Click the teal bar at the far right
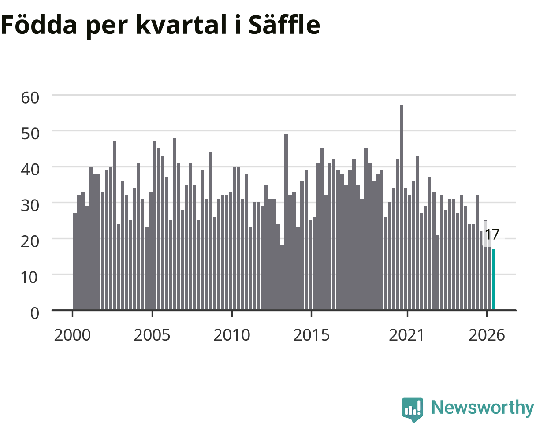[x=493, y=279]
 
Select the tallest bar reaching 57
[x=402, y=208]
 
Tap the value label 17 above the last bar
[x=492, y=234]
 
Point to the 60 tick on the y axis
[x=30, y=98]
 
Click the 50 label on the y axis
[x=30, y=134]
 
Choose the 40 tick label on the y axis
[x=30, y=170]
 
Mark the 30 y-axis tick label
[x=30, y=206]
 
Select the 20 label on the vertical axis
[x=30, y=241]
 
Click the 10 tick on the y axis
[x=30, y=277]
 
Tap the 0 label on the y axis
[x=35, y=313]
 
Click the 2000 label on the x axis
[x=72, y=335]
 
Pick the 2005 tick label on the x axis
[x=152, y=335]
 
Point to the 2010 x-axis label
[x=232, y=335]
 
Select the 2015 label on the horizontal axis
[x=311, y=335]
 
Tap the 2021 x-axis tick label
[x=407, y=335]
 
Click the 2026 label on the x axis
[x=487, y=335]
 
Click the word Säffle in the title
[x=284, y=24]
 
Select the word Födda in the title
[x=39, y=24]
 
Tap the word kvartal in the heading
[x=181, y=24]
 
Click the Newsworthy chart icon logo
[x=413, y=409]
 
